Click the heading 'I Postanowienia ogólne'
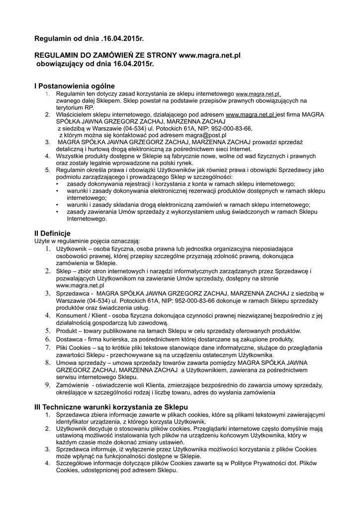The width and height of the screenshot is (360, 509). [x=74, y=85]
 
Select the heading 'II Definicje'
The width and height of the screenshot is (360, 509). [x=52, y=233]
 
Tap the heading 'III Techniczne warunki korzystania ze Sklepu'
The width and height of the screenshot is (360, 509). [x=111, y=407]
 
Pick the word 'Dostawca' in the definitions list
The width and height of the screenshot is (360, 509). [x=69, y=339]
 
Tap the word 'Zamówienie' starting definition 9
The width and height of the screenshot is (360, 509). [x=73, y=385]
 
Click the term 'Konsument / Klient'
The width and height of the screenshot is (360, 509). [x=82, y=316]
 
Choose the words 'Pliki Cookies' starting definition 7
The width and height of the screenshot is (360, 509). [x=74, y=347]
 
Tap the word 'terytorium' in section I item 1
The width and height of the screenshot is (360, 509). [x=70, y=107]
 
